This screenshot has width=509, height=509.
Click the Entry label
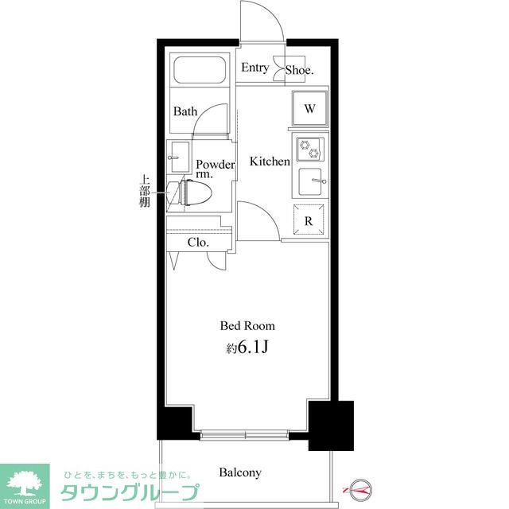click(254, 68)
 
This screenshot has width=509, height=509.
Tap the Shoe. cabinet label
click(300, 69)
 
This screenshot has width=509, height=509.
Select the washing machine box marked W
click(309, 108)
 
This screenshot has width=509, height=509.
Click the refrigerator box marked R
click(309, 220)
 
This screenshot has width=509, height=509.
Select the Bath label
click(185, 111)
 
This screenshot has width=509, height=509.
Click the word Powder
click(216, 165)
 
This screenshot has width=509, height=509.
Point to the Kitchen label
click(270, 161)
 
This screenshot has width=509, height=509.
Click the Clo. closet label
click(198, 242)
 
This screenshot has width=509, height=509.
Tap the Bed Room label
click(247, 325)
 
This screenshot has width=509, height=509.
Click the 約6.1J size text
click(247, 348)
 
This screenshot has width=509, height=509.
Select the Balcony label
click(240, 472)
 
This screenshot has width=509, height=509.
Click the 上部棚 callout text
click(145, 191)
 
